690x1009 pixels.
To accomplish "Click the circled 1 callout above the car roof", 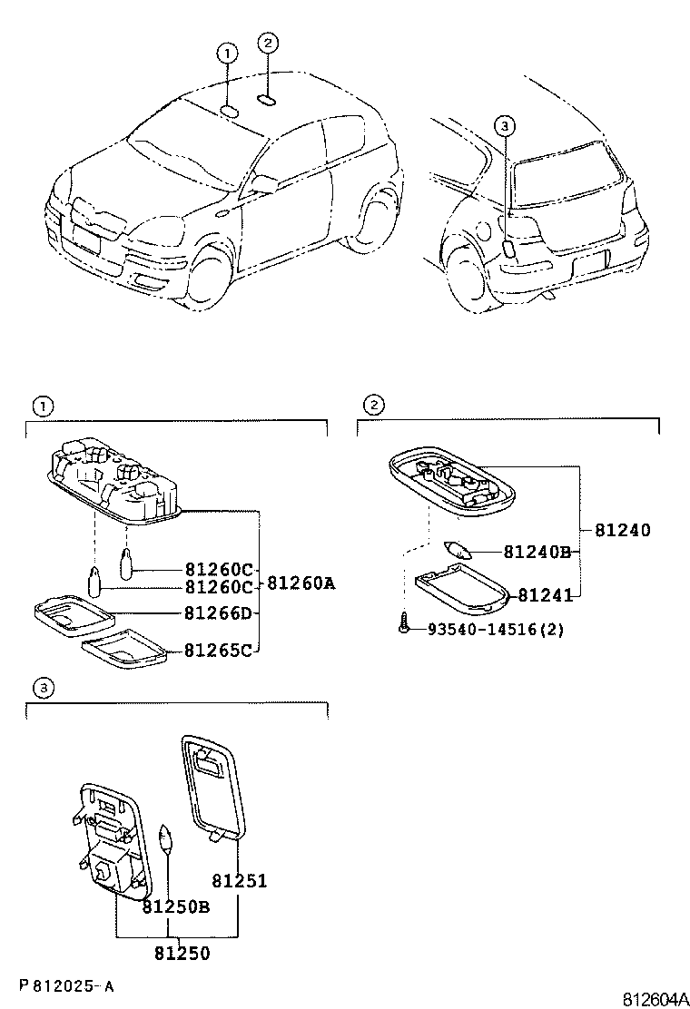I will click(227, 54).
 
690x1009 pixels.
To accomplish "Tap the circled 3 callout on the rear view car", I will click(506, 126).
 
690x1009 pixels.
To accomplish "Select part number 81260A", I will click(299, 583).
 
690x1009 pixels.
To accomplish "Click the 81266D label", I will click(219, 614).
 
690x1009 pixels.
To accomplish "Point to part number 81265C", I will click(219, 650).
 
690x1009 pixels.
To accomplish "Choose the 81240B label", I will click(537, 552).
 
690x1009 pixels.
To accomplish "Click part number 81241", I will click(545, 595).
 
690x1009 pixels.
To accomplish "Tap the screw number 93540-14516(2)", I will click(495, 629).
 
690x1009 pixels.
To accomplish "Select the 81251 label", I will click(240, 880).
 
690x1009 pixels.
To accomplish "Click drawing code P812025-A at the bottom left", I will click(65, 985).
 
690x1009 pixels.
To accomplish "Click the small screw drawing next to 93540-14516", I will click(403, 624).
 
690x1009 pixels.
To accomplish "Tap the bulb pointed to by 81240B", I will click(458, 550).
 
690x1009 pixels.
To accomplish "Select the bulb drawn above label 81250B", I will click(165, 838).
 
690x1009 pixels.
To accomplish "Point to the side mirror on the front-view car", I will click(264, 184).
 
